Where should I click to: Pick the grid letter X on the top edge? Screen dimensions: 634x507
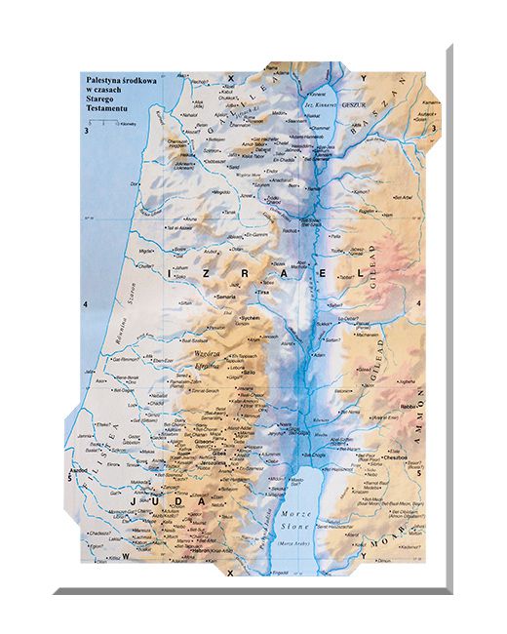(231, 76)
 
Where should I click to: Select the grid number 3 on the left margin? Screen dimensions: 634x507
(86, 130)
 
